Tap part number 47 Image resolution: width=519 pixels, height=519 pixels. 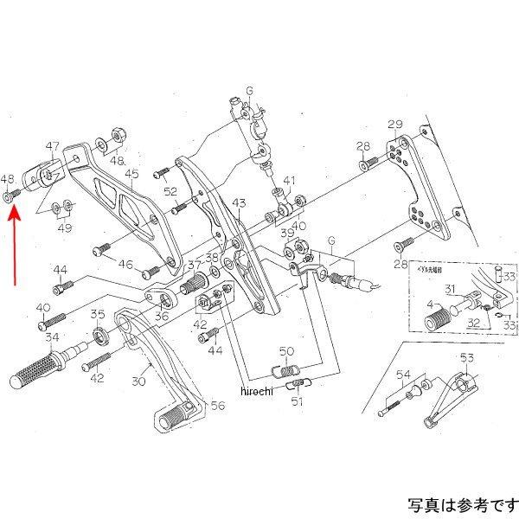(53, 146)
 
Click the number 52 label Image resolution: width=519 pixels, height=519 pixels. (170, 192)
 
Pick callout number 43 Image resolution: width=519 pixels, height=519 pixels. (240, 203)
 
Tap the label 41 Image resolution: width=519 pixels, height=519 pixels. (289, 182)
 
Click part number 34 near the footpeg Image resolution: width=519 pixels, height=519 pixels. (52, 336)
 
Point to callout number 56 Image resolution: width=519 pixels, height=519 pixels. (218, 404)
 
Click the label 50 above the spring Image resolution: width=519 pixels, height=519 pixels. (286, 350)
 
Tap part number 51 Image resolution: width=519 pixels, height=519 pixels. (297, 400)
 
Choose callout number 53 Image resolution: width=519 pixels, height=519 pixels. (466, 357)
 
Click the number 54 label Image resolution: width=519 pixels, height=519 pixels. (403, 374)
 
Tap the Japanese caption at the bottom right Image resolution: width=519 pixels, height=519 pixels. (461, 503)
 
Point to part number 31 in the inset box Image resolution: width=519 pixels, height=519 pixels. (451, 289)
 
